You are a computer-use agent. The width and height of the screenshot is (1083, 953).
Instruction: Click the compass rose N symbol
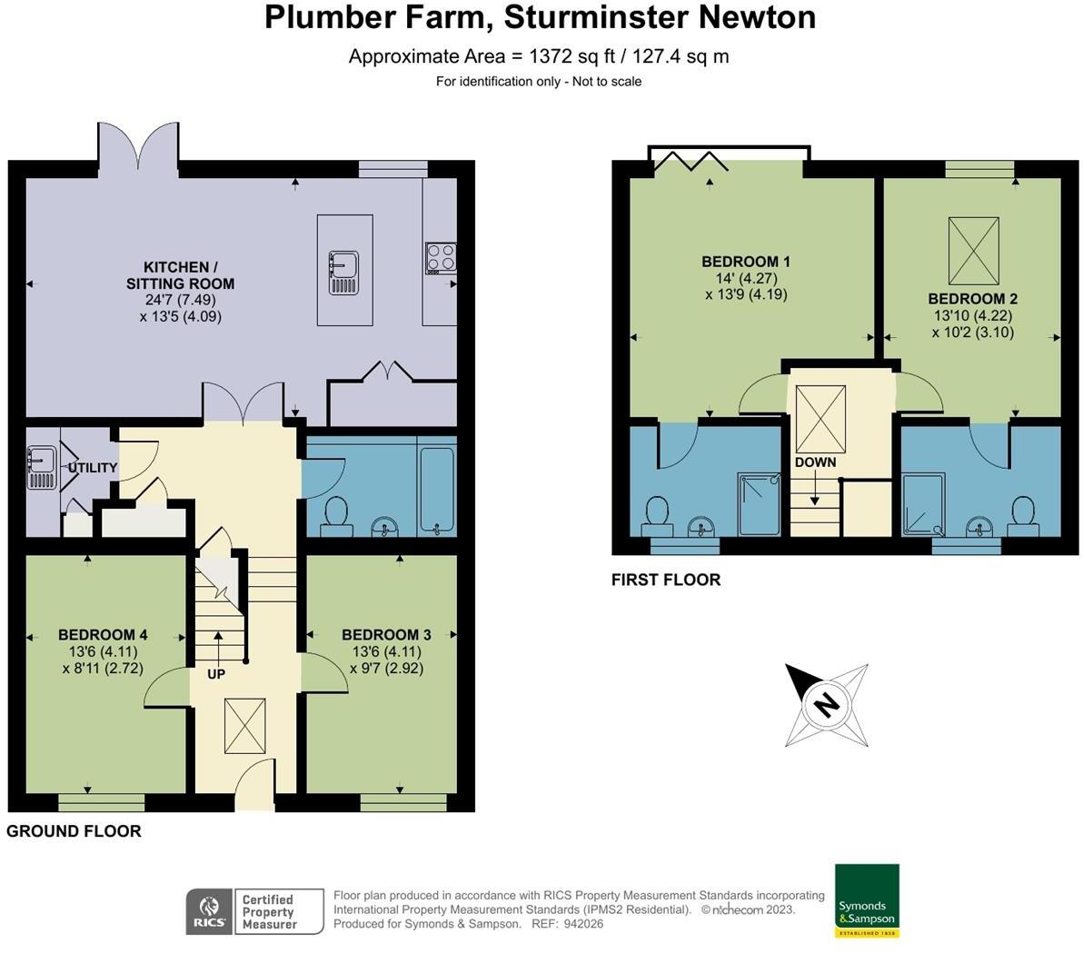point(826,705)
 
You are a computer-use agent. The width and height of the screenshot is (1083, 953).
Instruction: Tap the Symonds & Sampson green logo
point(867,900)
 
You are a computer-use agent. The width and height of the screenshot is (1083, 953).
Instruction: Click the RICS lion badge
point(209,911)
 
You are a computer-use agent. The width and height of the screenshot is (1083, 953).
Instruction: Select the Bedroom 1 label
point(746,262)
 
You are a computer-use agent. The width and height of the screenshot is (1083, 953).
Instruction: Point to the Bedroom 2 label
point(972,299)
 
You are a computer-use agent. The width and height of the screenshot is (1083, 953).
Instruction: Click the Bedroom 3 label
point(386,635)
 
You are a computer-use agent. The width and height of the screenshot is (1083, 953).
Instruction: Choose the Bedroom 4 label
point(103,635)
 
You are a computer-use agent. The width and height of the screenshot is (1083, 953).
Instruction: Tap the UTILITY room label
point(93,468)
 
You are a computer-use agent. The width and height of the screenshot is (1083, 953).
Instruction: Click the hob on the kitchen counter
point(441,258)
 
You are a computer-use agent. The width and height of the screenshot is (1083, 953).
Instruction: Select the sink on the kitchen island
point(343,273)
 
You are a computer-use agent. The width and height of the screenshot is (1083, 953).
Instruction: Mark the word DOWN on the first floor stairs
point(816,462)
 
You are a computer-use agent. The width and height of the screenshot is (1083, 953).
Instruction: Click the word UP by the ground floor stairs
point(216,673)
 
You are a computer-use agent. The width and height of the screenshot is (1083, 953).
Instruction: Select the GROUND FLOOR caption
point(74,830)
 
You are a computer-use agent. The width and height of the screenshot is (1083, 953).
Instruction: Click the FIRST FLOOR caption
point(666,580)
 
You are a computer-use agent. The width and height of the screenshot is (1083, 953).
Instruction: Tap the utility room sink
point(42,468)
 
